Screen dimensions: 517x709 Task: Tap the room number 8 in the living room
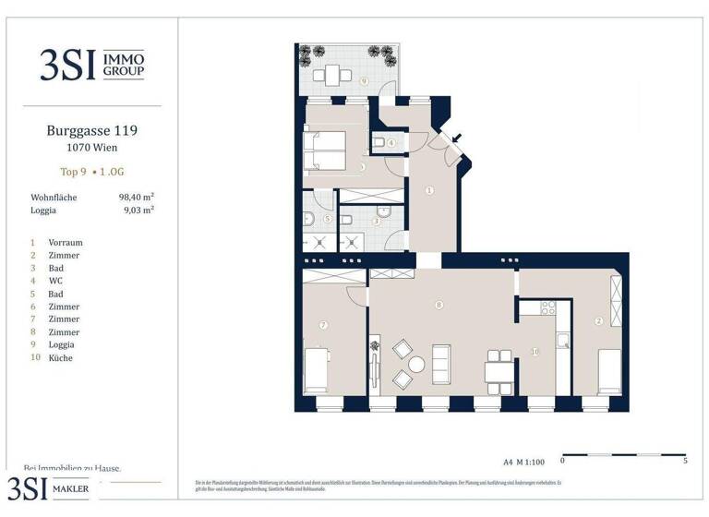[439, 305]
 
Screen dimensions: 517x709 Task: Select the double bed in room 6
[326, 151]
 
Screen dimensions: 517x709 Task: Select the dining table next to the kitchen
[499, 371]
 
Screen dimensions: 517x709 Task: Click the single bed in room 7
[318, 369]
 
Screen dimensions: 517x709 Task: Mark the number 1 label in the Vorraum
[429, 190]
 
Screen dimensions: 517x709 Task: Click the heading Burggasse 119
[92, 131]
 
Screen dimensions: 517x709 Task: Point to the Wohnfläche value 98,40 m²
[136, 197]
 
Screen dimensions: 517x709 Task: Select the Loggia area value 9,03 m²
[138, 210]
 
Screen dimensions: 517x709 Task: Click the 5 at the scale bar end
[684, 460]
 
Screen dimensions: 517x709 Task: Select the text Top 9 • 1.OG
[92, 172]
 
